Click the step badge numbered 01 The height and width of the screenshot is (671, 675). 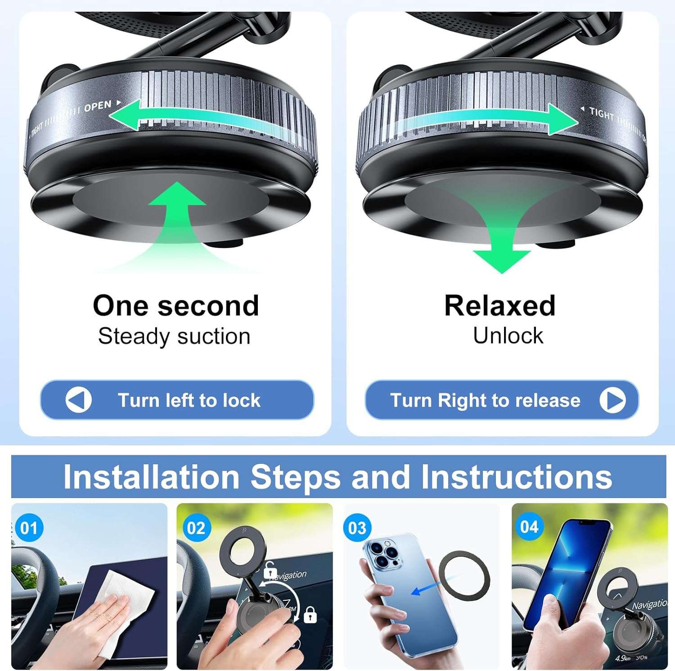29,528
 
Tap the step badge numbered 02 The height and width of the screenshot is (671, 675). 196,528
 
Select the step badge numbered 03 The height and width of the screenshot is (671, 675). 357,528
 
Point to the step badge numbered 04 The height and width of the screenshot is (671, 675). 529,527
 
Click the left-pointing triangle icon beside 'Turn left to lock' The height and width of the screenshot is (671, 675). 78,400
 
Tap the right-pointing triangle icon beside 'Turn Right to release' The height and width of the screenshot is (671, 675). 612,400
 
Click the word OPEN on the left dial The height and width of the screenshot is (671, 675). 98,107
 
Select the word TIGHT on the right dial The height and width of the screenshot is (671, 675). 602,114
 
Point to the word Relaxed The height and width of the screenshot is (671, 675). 499,306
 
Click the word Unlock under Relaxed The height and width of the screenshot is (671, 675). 508,336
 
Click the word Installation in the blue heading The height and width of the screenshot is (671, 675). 151,477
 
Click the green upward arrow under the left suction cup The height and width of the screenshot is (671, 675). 177,212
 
